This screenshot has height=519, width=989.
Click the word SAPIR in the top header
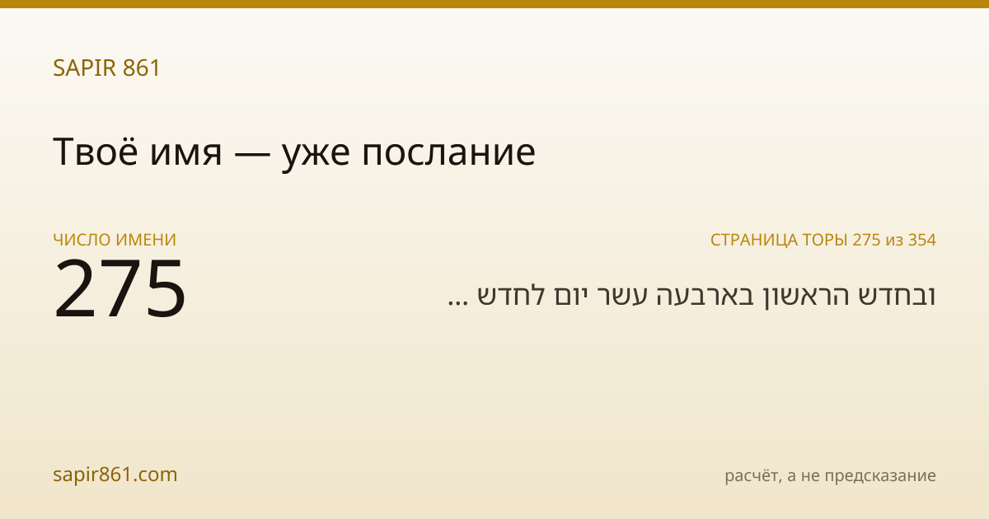(84, 68)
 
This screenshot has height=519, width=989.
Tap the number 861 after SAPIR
(141, 68)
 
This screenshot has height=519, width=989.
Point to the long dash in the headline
(252, 154)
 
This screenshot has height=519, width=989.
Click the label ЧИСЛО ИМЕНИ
(115, 240)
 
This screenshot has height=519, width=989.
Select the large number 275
(120, 288)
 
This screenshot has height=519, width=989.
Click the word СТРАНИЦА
(754, 240)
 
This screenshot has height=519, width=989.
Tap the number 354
(922, 240)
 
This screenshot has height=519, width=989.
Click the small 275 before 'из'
(867, 240)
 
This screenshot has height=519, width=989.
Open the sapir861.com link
(115, 475)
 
